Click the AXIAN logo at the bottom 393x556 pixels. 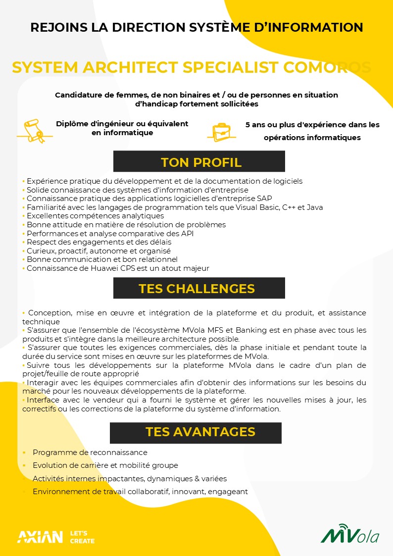pos(40,537)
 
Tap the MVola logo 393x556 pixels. pos(350,535)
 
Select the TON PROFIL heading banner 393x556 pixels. pos(199,162)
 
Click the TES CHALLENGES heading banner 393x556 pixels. pos(199,288)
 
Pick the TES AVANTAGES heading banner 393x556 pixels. pos(196,432)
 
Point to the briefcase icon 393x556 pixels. pos(222,132)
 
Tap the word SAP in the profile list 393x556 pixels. pos(264,199)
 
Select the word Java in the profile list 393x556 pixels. pos(315,207)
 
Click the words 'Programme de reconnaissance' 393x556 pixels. pos(90,453)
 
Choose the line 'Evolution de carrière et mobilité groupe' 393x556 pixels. pos(105,465)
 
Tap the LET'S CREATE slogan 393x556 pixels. pos(82,537)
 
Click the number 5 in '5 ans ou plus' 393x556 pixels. pos(248,125)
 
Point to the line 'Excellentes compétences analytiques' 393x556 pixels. pos(95,216)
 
